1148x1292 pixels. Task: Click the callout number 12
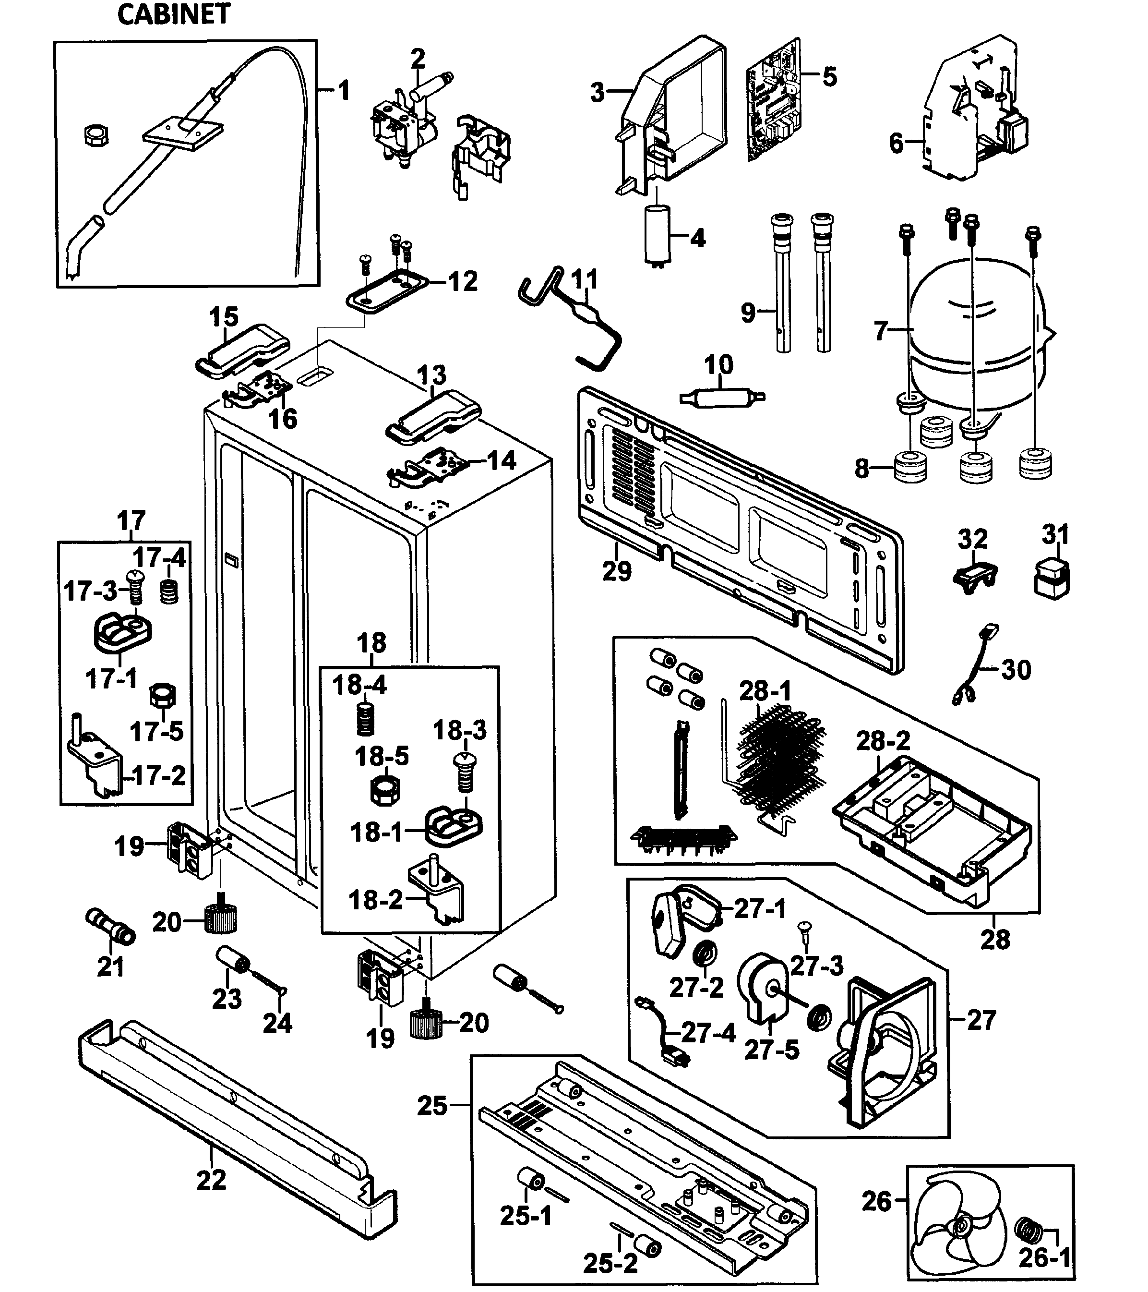tap(463, 281)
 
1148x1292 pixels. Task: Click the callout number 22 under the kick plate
tap(211, 1179)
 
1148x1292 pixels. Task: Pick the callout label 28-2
tap(883, 740)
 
